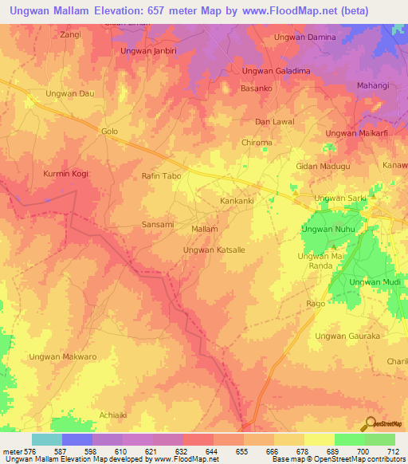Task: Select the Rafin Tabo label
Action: (x=162, y=175)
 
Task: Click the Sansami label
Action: (x=157, y=225)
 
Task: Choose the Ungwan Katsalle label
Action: (x=214, y=250)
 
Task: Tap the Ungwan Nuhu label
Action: (x=327, y=230)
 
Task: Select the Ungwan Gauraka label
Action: (x=348, y=336)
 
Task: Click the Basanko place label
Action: (x=256, y=89)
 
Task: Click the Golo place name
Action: (x=109, y=130)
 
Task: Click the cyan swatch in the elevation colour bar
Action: (x=47, y=439)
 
